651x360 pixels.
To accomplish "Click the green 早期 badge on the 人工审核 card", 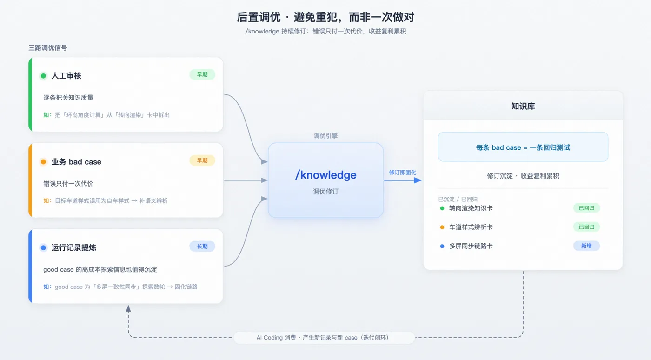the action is click(202, 74).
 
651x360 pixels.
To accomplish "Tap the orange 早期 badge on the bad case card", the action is click(202, 160).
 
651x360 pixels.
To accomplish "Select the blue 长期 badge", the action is click(202, 247).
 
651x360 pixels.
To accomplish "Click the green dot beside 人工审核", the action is click(43, 76).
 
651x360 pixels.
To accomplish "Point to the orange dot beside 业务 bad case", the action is click(43, 162).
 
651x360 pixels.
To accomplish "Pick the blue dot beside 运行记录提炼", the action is click(43, 248).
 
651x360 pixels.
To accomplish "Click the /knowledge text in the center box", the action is click(326, 175).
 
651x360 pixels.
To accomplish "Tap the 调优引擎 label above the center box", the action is click(326, 136).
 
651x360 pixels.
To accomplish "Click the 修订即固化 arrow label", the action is click(403, 173).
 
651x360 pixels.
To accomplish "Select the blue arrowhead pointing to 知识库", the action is click(418, 180).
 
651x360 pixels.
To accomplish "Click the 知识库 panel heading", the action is click(523, 106).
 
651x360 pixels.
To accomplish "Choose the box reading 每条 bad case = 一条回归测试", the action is click(523, 147).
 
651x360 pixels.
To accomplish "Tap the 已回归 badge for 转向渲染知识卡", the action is click(586, 208).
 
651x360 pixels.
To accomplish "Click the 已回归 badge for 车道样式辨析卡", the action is click(586, 227).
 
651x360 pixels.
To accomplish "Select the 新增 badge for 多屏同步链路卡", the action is click(586, 246).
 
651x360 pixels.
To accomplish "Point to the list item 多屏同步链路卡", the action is click(471, 246).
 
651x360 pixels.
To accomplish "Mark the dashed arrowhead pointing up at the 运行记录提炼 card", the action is click(128, 308).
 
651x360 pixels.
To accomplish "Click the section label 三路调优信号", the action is click(47, 48).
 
